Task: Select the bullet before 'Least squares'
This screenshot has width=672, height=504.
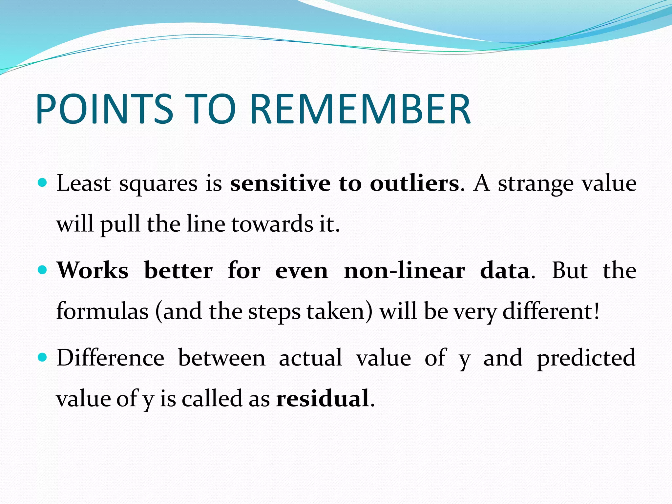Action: pyautogui.click(x=43, y=182)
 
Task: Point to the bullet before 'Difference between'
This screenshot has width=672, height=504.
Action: pyautogui.click(x=43, y=357)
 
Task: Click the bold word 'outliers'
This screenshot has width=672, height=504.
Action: pyautogui.click(x=414, y=183)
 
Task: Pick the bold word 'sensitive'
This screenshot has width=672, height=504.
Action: pyautogui.click(x=280, y=183)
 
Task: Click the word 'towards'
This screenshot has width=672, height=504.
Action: pyautogui.click(x=272, y=224)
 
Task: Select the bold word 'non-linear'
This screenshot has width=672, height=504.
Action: pyautogui.click(x=404, y=271)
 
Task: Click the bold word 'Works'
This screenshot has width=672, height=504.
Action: pyautogui.click(x=93, y=270)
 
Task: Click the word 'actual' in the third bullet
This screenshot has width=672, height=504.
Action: pyautogui.click(x=310, y=358)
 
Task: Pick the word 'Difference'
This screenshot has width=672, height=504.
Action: pyautogui.click(x=110, y=358)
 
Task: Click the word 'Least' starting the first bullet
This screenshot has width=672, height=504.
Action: pyautogui.click(x=84, y=183)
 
